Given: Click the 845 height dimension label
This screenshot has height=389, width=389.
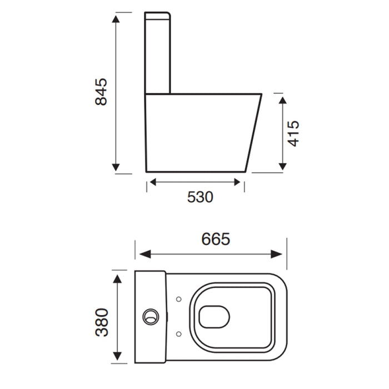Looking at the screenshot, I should [x=101, y=92].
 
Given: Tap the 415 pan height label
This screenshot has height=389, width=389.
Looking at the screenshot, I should [x=293, y=133].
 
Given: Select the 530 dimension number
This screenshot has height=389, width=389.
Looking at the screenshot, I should [x=200, y=197].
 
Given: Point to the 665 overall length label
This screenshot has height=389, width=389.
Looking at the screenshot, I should [x=216, y=239].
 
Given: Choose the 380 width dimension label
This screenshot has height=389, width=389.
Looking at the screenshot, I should [x=102, y=322].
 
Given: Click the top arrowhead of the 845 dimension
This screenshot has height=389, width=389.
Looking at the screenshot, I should [x=116, y=20].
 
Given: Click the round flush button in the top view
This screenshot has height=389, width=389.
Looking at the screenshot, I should [x=150, y=316].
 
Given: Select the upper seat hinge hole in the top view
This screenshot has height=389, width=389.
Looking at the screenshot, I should [x=178, y=300].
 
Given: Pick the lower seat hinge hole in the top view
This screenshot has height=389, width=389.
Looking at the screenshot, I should [x=178, y=333].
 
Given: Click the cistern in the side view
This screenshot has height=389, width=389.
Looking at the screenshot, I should [x=158, y=53].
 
